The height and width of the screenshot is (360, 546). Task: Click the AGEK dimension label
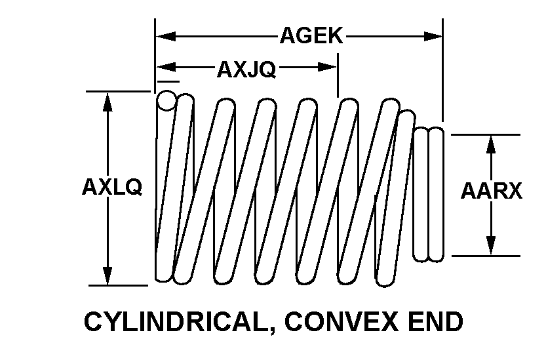(311, 35)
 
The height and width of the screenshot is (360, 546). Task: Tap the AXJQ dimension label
(246, 70)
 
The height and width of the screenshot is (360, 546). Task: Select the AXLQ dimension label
(112, 187)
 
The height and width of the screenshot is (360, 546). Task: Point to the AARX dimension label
(492, 191)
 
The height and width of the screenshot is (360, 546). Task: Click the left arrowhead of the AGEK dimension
(166, 36)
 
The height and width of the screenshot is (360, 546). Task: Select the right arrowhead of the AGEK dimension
(433, 36)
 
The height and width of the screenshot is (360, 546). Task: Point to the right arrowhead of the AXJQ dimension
(328, 67)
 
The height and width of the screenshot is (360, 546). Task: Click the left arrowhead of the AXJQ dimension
(166, 67)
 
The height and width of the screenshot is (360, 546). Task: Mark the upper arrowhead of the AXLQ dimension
(107, 102)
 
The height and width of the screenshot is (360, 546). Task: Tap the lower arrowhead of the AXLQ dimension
(107, 275)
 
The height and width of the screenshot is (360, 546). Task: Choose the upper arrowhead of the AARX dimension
(491, 144)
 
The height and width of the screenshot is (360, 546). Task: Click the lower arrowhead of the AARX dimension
(491, 246)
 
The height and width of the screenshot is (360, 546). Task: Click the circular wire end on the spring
(166, 101)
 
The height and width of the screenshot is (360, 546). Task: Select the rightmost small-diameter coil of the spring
(436, 195)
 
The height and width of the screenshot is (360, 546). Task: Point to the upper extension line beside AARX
(486, 134)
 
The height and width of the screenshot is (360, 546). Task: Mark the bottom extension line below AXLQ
(119, 285)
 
